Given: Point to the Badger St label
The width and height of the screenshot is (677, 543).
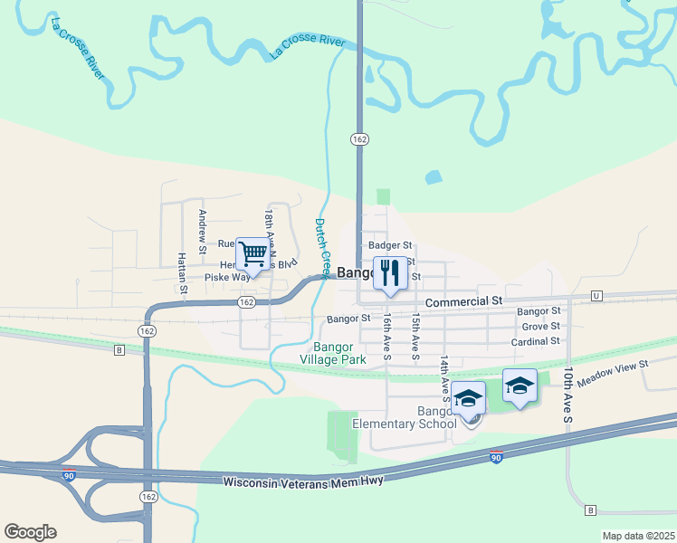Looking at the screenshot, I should coord(390,245).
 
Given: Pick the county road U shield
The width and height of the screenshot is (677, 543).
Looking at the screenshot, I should coord(596,296).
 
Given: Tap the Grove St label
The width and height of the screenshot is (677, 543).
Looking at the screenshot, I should coord(541,326).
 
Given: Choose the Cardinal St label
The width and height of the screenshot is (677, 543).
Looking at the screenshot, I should coord(535,341).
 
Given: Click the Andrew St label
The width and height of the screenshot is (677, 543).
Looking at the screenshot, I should coord(203,231).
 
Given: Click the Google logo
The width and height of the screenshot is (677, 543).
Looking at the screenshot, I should coord(30,532).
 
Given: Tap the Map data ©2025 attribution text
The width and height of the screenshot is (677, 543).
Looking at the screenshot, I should coord(637,536).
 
